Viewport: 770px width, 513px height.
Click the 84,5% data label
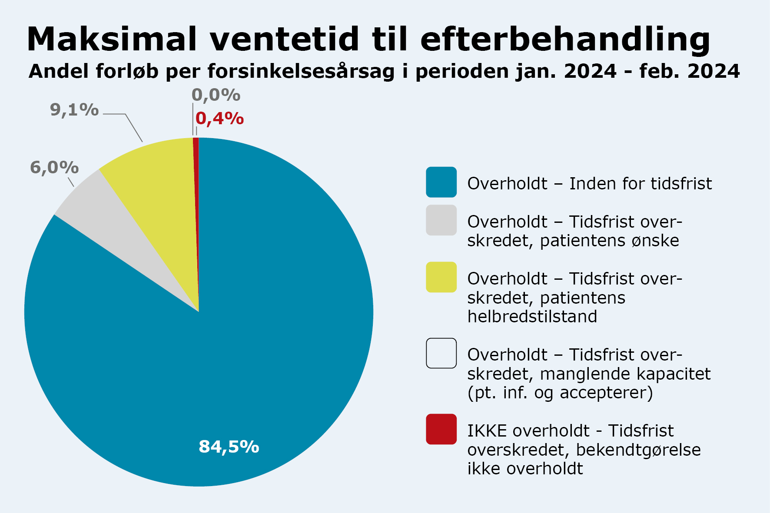tap(229, 447)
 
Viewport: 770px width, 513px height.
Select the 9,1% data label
tap(74, 110)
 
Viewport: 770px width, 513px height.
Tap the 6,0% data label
tap(54, 168)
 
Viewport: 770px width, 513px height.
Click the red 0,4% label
tap(219, 119)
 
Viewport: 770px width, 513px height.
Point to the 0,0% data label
tap(216, 95)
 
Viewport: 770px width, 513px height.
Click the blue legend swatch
tap(441, 182)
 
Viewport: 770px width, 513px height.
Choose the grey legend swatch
tap(441, 220)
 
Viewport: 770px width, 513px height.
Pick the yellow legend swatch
tap(441, 277)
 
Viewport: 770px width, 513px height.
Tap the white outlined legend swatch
tap(441, 353)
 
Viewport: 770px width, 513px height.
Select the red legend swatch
tap(441, 429)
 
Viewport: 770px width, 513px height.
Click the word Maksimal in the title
tap(112, 39)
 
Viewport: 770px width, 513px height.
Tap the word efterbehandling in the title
tap(565, 39)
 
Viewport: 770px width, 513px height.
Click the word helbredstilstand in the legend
tap(532, 317)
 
